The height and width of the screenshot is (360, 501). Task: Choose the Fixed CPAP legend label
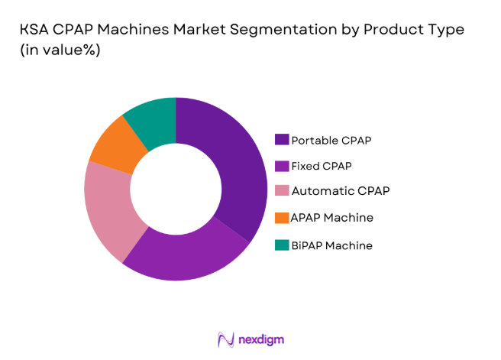pos(322,164)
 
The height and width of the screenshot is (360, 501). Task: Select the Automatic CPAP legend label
pos(335,190)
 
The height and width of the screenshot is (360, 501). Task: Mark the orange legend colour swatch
pos(282,218)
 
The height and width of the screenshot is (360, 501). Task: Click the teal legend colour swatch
pos(282,245)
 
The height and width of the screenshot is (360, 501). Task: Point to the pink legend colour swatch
pos(282,190)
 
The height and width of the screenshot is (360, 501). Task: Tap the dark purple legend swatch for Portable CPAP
pos(282,140)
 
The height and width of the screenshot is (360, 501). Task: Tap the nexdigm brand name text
pos(259,339)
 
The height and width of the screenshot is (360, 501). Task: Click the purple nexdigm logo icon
pos(225,339)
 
